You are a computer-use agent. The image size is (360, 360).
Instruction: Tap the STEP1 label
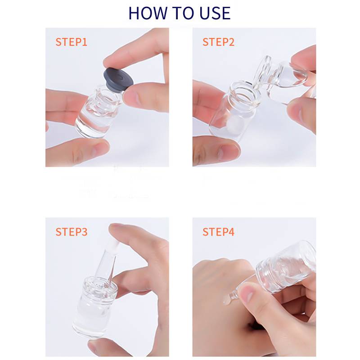pos(72,42)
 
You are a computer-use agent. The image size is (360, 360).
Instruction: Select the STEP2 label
pos(218,42)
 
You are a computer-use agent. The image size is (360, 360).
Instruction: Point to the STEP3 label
pos(72,232)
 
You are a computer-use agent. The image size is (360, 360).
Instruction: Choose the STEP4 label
pos(218,232)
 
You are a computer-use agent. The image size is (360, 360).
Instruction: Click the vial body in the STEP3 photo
pos(94,308)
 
